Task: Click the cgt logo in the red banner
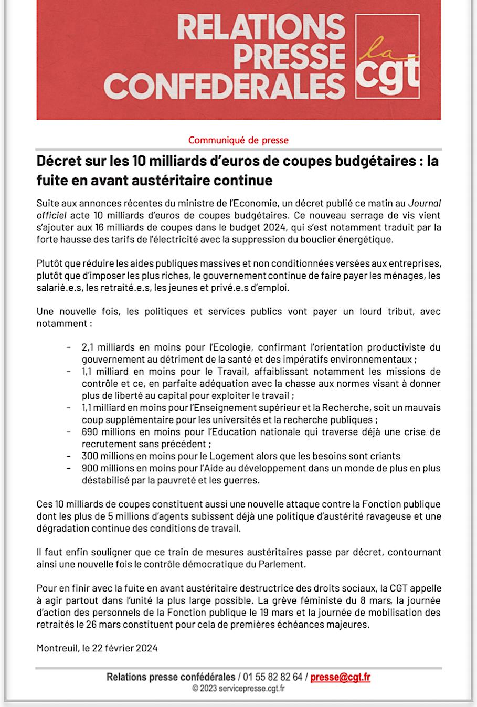(388, 56)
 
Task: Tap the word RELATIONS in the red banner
(261, 27)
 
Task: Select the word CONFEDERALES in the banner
(225, 86)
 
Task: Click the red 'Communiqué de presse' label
(238, 140)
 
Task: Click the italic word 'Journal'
(425, 203)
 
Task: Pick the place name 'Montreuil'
(57, 648)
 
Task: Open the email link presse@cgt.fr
(340, 677)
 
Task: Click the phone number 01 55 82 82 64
(272, 677)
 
